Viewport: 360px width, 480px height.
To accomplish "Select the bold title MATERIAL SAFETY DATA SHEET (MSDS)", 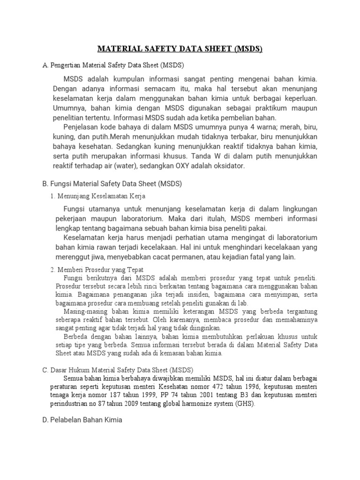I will pos(180,49).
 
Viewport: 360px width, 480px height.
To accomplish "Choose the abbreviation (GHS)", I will pos(247,404).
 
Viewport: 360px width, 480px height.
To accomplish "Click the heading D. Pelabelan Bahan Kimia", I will pos(82,420).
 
